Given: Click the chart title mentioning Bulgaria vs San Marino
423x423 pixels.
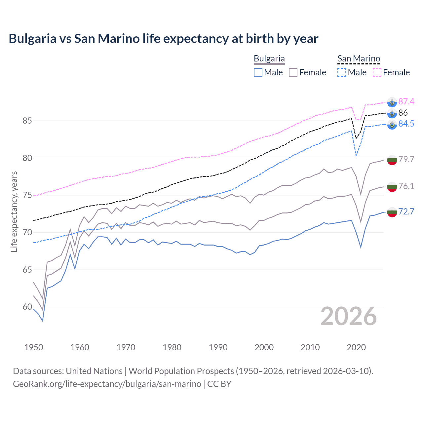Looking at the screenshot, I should [x=163, y=39].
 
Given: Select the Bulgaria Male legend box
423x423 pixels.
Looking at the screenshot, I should [x=258, y=72].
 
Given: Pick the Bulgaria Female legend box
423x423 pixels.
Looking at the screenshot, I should [x=293, y=72].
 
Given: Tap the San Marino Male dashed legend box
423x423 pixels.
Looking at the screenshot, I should [x=342, y=72].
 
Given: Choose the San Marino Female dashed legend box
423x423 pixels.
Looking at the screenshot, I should [x=377, y=72].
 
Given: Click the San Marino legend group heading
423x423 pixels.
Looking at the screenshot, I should [x=359, y=59].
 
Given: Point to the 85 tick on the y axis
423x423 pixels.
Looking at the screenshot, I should [x=27, y=121].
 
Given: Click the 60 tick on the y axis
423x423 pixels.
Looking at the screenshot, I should [x=27, y=307].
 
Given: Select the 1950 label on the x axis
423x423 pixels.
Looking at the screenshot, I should [x=34, y=347].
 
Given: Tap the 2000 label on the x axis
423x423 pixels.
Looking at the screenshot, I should [x=264, y=347].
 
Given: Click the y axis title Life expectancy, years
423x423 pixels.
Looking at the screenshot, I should [x=14, y=211].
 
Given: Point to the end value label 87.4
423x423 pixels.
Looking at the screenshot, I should [x=406, y=101].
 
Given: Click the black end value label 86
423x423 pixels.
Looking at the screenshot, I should [x=403, y=113].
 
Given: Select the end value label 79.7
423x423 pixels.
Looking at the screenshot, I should [x=406, y=159].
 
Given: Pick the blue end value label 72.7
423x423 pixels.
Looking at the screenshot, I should [x=406, y=211].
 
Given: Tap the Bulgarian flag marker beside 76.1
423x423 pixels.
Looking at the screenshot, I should [x=392, y=187].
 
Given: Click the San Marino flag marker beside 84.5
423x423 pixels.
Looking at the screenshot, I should [x=392, y=125].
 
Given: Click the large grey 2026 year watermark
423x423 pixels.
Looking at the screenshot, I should [x=348, y=316].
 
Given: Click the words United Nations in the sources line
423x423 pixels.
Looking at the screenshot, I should [x=94, y=371].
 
